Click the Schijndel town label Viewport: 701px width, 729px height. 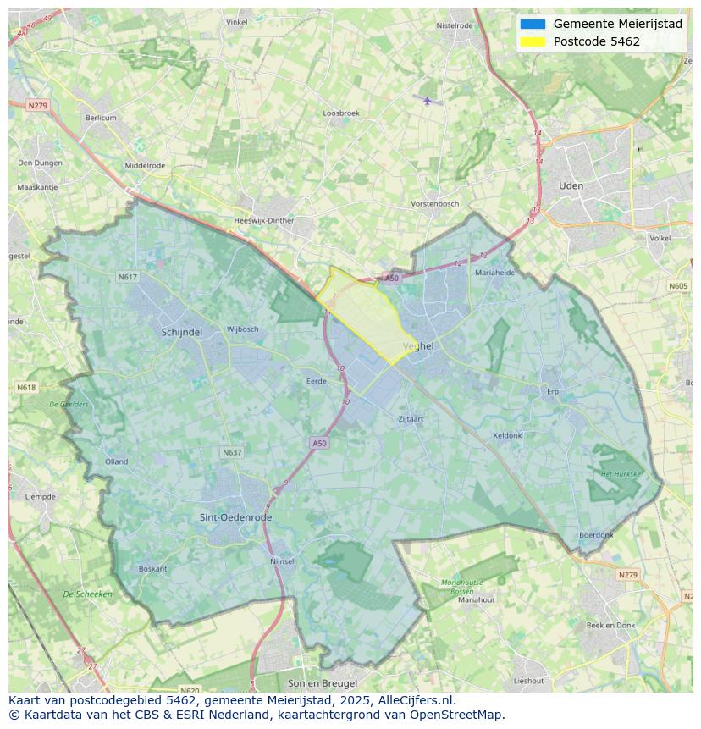click(181, 333)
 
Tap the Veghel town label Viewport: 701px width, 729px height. click(418, 346)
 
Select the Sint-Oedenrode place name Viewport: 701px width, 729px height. click(235, 517)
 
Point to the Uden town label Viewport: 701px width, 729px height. click(571, 185)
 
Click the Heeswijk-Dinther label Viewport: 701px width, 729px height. click(263, 221)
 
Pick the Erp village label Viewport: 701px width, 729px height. click(554, 392)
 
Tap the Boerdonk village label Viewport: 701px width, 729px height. click(595, 535)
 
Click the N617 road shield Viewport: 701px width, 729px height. click(128, 277)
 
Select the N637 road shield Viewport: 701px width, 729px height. click(232, 453)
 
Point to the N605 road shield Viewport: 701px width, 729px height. click(678, 286)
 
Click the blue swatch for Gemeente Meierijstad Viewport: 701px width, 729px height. click(533, 24)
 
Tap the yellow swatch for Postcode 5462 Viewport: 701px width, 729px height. click(533, 41)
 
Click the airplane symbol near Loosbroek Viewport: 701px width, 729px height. click(428, 101)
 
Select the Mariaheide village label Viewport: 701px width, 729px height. click(494, 273)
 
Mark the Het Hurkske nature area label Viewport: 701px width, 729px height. click(621, 474)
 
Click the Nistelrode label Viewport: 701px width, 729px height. click(455, 25)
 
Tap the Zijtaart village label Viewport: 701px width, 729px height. click(411, 418)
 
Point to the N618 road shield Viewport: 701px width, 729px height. click(26, 387)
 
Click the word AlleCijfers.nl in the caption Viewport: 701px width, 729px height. click(416, 700)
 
